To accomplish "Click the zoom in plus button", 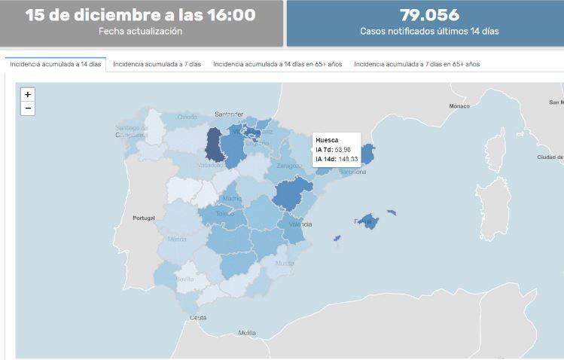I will (x=28, y=95).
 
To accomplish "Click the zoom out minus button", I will (x=28, y=108).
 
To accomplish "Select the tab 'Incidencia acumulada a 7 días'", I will (x=157, y=65).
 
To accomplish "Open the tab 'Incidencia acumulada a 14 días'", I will (x=55, y=65).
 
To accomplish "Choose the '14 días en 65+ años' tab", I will (x=277, y=65).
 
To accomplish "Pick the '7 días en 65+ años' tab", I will (x=416, y=65).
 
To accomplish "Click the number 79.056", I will (x=429, y=15).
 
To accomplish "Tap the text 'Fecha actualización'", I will (x=141, y=32).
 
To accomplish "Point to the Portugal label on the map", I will (x=143, y=218).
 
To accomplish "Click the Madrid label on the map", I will (x=232, y=199).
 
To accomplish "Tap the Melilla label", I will (x=247, y=333).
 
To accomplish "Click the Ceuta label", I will (x=198, y=318).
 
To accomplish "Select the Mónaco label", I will (x=459, y=106).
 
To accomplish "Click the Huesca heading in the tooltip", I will (x=327, y=140).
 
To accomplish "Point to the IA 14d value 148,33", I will (x=347, y=159).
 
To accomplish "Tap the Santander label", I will (x=229, y=114).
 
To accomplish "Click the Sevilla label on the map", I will (x=184, y=279).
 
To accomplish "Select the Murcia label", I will (x=285, y=264).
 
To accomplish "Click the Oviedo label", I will (x=187, y=117).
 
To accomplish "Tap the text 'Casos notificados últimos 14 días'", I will (x=429, y=32).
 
